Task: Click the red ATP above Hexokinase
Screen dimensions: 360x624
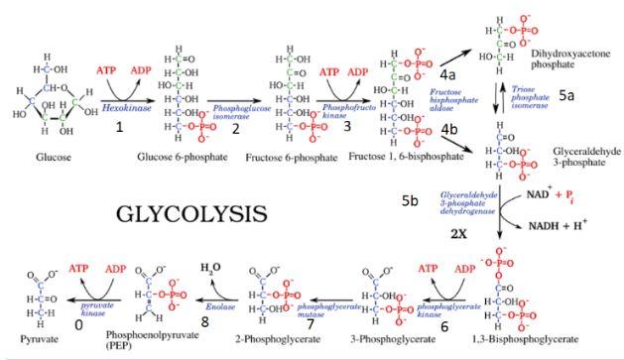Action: tap(108, 71)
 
